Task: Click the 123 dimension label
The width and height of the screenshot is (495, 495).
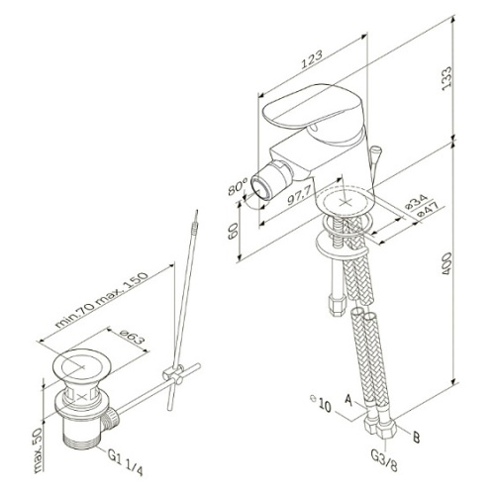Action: [x=312, y=59]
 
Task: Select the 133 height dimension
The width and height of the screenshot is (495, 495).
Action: [x=446, y=78]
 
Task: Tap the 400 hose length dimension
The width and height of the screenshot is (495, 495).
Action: [x=446, y=263]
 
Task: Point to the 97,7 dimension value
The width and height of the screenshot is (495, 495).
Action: [x=298, y=197]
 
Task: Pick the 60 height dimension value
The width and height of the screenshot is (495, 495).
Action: [x=234, y=231]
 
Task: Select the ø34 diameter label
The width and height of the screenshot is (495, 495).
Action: [x=417, y=203]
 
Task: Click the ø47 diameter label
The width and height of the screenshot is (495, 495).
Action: [x=427, y=210]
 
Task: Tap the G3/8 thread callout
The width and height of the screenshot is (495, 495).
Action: [x=384, y=461]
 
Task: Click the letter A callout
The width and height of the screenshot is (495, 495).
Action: [x=348, y=400]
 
